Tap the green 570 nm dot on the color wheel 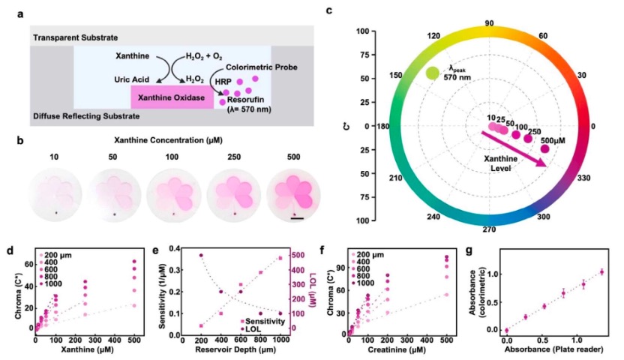click(x=432, y=73)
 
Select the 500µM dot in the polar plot click(x=544, y=148)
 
